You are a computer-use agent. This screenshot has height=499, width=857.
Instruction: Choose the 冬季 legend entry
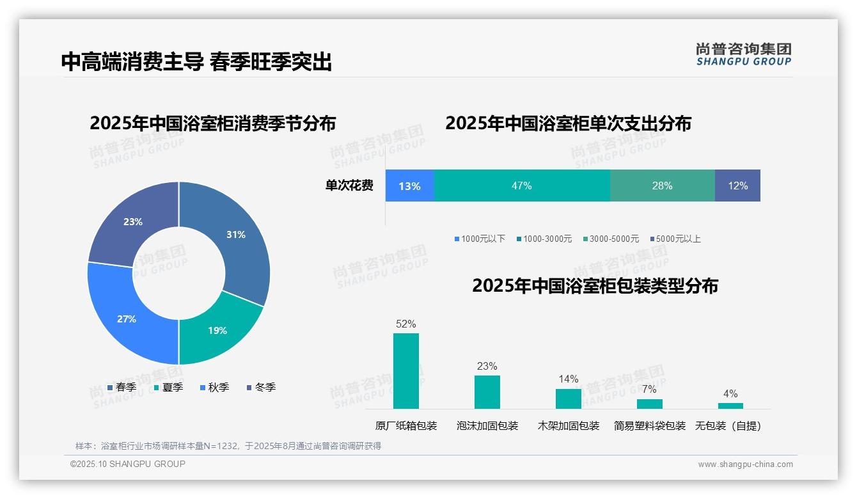coord(261,387)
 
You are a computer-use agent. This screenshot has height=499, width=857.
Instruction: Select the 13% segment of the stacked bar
coord(409,186)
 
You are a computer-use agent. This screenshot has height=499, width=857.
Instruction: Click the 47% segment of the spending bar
coord(521,186)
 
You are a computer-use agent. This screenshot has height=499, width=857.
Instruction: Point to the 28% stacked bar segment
coord(662,186)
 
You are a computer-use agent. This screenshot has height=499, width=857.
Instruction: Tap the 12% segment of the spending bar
coord(737,186)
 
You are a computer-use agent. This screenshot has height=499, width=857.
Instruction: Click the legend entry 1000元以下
coord(480,239)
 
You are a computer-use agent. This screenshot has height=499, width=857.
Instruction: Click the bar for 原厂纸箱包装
coord(405,370)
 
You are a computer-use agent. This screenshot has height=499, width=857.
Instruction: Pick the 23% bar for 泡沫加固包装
coord(487,392)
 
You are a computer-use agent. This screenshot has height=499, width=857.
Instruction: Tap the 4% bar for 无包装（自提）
coord(730,406)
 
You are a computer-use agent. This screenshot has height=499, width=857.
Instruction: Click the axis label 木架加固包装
coord(569,425)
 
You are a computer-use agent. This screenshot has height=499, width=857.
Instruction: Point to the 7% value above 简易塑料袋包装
coord(649,389)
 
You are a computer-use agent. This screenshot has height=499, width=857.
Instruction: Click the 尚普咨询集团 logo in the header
coord(743,54)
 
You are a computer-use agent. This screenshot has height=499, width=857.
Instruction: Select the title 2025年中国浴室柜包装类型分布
coord(595,285)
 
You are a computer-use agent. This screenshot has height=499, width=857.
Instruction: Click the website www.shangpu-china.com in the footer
coord(745,464)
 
